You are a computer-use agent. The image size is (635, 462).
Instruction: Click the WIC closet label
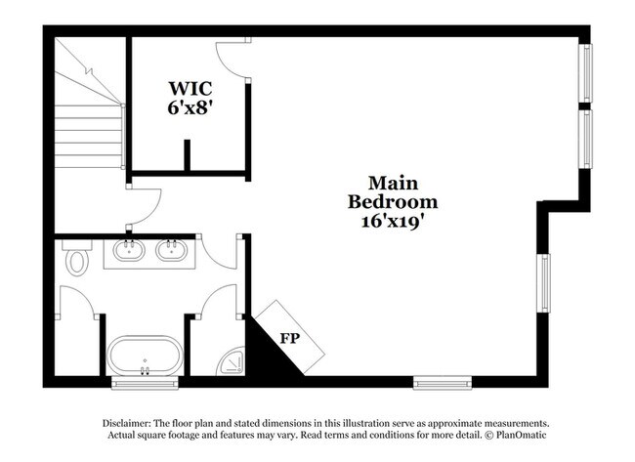pos(190,88)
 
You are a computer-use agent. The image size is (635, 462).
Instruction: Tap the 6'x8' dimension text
pos(190,107)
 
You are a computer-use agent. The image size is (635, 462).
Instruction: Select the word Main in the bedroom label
pos(393,183)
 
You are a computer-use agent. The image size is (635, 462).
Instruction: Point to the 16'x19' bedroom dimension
pos(393,222)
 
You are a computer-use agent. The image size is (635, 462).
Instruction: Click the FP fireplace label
pos(290,338)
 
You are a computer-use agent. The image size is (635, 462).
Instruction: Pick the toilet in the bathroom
pos(78,258)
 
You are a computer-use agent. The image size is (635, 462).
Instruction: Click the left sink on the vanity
pos(129,250)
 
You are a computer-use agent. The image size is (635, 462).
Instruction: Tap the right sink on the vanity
pos(172,250)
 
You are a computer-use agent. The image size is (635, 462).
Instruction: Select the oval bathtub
pos(145,356)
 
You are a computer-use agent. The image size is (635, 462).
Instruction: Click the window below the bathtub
pos(145,383)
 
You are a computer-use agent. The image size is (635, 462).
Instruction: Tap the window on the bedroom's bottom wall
pos(443,383)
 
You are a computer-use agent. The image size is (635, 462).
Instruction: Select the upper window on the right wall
pos(585,73)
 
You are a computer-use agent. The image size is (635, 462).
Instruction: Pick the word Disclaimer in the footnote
pos(127,424)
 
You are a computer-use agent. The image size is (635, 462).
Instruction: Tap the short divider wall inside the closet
pos(188,155)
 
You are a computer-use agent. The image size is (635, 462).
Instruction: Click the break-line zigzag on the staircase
pos(89,72)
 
